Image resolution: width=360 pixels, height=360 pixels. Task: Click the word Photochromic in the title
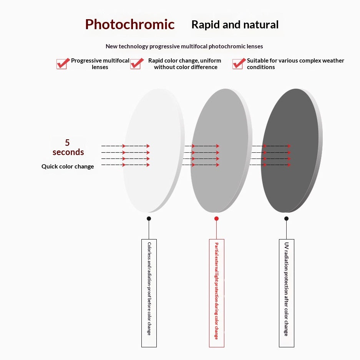[130, 25]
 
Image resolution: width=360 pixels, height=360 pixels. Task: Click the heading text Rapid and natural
[235, 25]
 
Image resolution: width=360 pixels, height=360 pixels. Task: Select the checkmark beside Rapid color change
[137, 63]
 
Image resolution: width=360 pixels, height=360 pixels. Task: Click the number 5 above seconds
[67, 142]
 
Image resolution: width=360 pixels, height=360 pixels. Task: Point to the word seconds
[68, 152]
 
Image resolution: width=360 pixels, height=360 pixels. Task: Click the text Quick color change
[68, 167]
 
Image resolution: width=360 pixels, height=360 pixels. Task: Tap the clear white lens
[154, 150]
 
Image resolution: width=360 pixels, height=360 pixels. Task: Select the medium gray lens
[221, 150]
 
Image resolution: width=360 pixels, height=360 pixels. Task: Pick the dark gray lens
[292, 150]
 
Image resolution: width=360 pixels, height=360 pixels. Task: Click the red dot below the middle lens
[216, 219]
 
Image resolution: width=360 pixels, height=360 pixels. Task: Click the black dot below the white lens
[149, 219]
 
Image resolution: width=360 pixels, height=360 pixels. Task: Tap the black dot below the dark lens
[287, 219]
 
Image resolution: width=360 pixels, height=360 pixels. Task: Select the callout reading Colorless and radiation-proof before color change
[149, 293]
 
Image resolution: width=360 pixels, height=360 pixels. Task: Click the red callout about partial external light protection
[217, 293]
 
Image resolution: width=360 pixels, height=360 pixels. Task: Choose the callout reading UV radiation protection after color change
[287, 293]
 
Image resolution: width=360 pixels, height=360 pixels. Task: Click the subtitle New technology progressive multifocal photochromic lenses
[184, 46]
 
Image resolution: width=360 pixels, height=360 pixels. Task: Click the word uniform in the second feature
[211, 61]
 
